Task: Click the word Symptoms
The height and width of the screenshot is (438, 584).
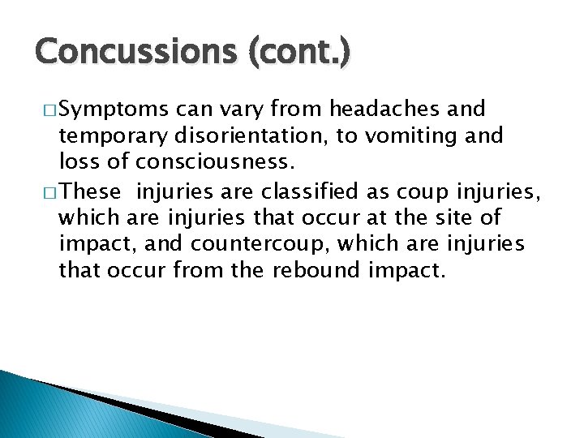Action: click(114, 109)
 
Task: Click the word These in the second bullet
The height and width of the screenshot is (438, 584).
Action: click(91, 193)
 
